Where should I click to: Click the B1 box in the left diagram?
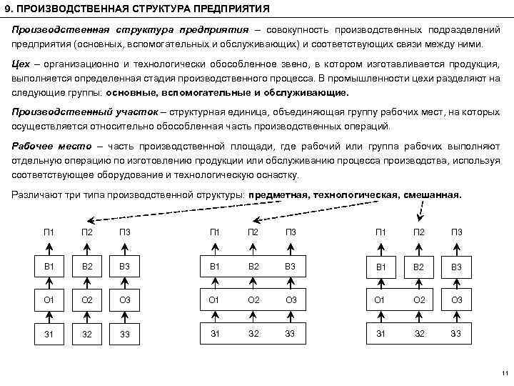click(49, 267)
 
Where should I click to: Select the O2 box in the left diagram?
click(86, 299)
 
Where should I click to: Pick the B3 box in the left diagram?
click(125, 267)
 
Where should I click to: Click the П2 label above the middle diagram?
click(253, 231)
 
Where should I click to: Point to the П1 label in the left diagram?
click(49, 231)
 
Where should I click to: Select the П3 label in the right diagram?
click(457, 231)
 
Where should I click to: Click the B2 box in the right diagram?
click(419, 267)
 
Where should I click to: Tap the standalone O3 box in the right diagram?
click(457, 299)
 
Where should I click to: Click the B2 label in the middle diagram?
click(253, 266)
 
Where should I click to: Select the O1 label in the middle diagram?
click(214, 299)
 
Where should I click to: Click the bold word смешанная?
click(433, 194)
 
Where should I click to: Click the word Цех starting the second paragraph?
click(21, 64)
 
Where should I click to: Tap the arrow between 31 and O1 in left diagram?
click(49, 315)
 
